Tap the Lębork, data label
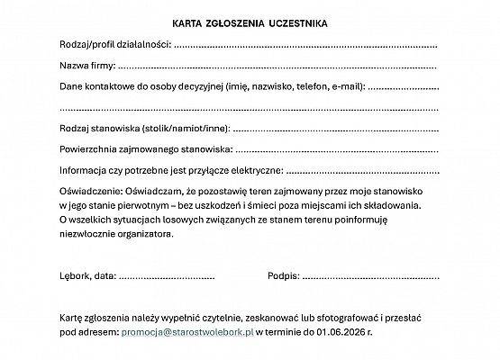point(87,275)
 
